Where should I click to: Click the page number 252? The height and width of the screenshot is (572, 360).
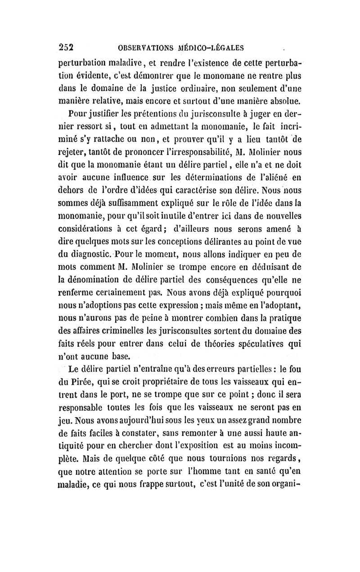coord(66,46)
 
